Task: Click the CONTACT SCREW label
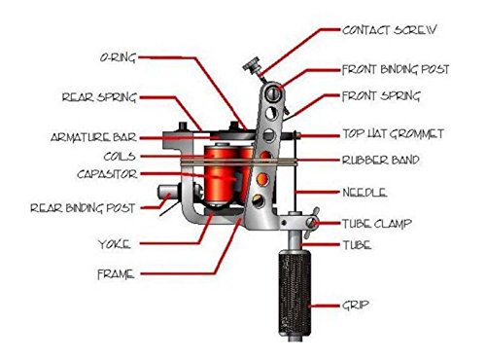pyautogui.click(x=389, y=30)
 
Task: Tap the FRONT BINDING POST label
pyautogui.click(x=396, y=69)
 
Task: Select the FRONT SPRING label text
pyautogui.click(x=381, y=96)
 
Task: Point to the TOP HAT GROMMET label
pyautogui.click(x=393, y=133)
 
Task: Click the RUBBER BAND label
pyautogui.click(x=381, y=160)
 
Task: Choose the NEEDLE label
pyautogui.click(x=364, y=193)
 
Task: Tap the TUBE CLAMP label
pyautogui.click(x=377, y=224)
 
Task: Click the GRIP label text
pyautogui.click(x=356, y=305)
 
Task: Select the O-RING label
pyautogui.click(x=118, y=57)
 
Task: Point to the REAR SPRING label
pyautogui.click(x=99, y=97)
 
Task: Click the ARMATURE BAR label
pyautogui.click(x=93, y=137)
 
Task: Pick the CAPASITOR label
pyautogui.click(x=107, y=174)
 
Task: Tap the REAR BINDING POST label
pyautogui.click(x=83, y=208)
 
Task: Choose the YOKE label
pyautogui.click(x=114, y=244)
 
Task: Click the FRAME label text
pyautogui.click(x=116, y=274)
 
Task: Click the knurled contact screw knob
pyautogui.click(x=252, y=65)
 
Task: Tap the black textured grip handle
pyautogui.click(x=295, y=294)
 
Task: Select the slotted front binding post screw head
pyautogui.click(x=272, y=93)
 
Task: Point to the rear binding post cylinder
pyautogui.click(x=168, y=193)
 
